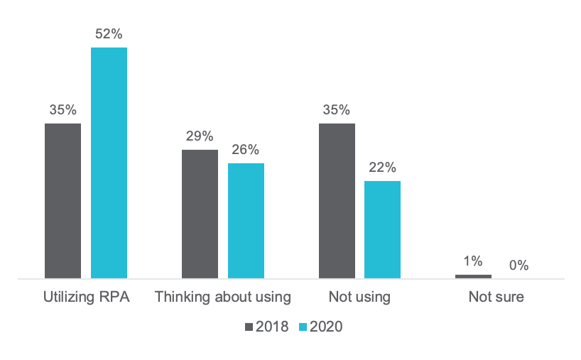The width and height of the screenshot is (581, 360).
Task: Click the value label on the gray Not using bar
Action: click(339, 111)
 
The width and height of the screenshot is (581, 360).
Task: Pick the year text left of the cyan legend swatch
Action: click(273, 326)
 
